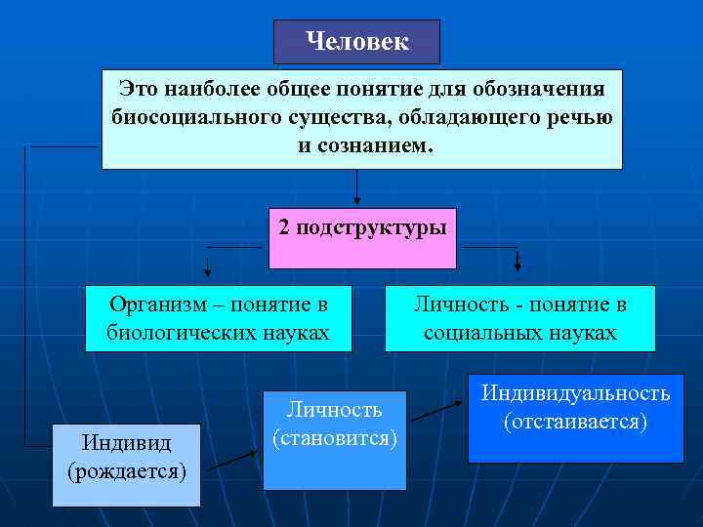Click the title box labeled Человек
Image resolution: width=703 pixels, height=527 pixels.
(x=356, y=42)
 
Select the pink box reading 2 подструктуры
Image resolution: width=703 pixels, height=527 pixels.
(x=362, y=237)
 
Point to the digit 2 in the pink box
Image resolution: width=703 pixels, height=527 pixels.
(x=284, y=227)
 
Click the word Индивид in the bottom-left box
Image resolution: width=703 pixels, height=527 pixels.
(x=126, y=443)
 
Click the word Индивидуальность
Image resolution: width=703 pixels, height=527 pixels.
(x=574, y=393)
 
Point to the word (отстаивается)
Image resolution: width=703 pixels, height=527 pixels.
(x=574, y=422)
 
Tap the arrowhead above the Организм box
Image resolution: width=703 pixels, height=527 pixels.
(x=208, y=268)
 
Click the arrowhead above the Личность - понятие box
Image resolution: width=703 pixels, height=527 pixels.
(x=517, y=263)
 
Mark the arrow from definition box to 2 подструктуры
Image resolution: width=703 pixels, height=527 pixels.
(x=357, y=187)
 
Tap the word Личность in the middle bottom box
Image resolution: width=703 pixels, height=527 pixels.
(x=334, y=409)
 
